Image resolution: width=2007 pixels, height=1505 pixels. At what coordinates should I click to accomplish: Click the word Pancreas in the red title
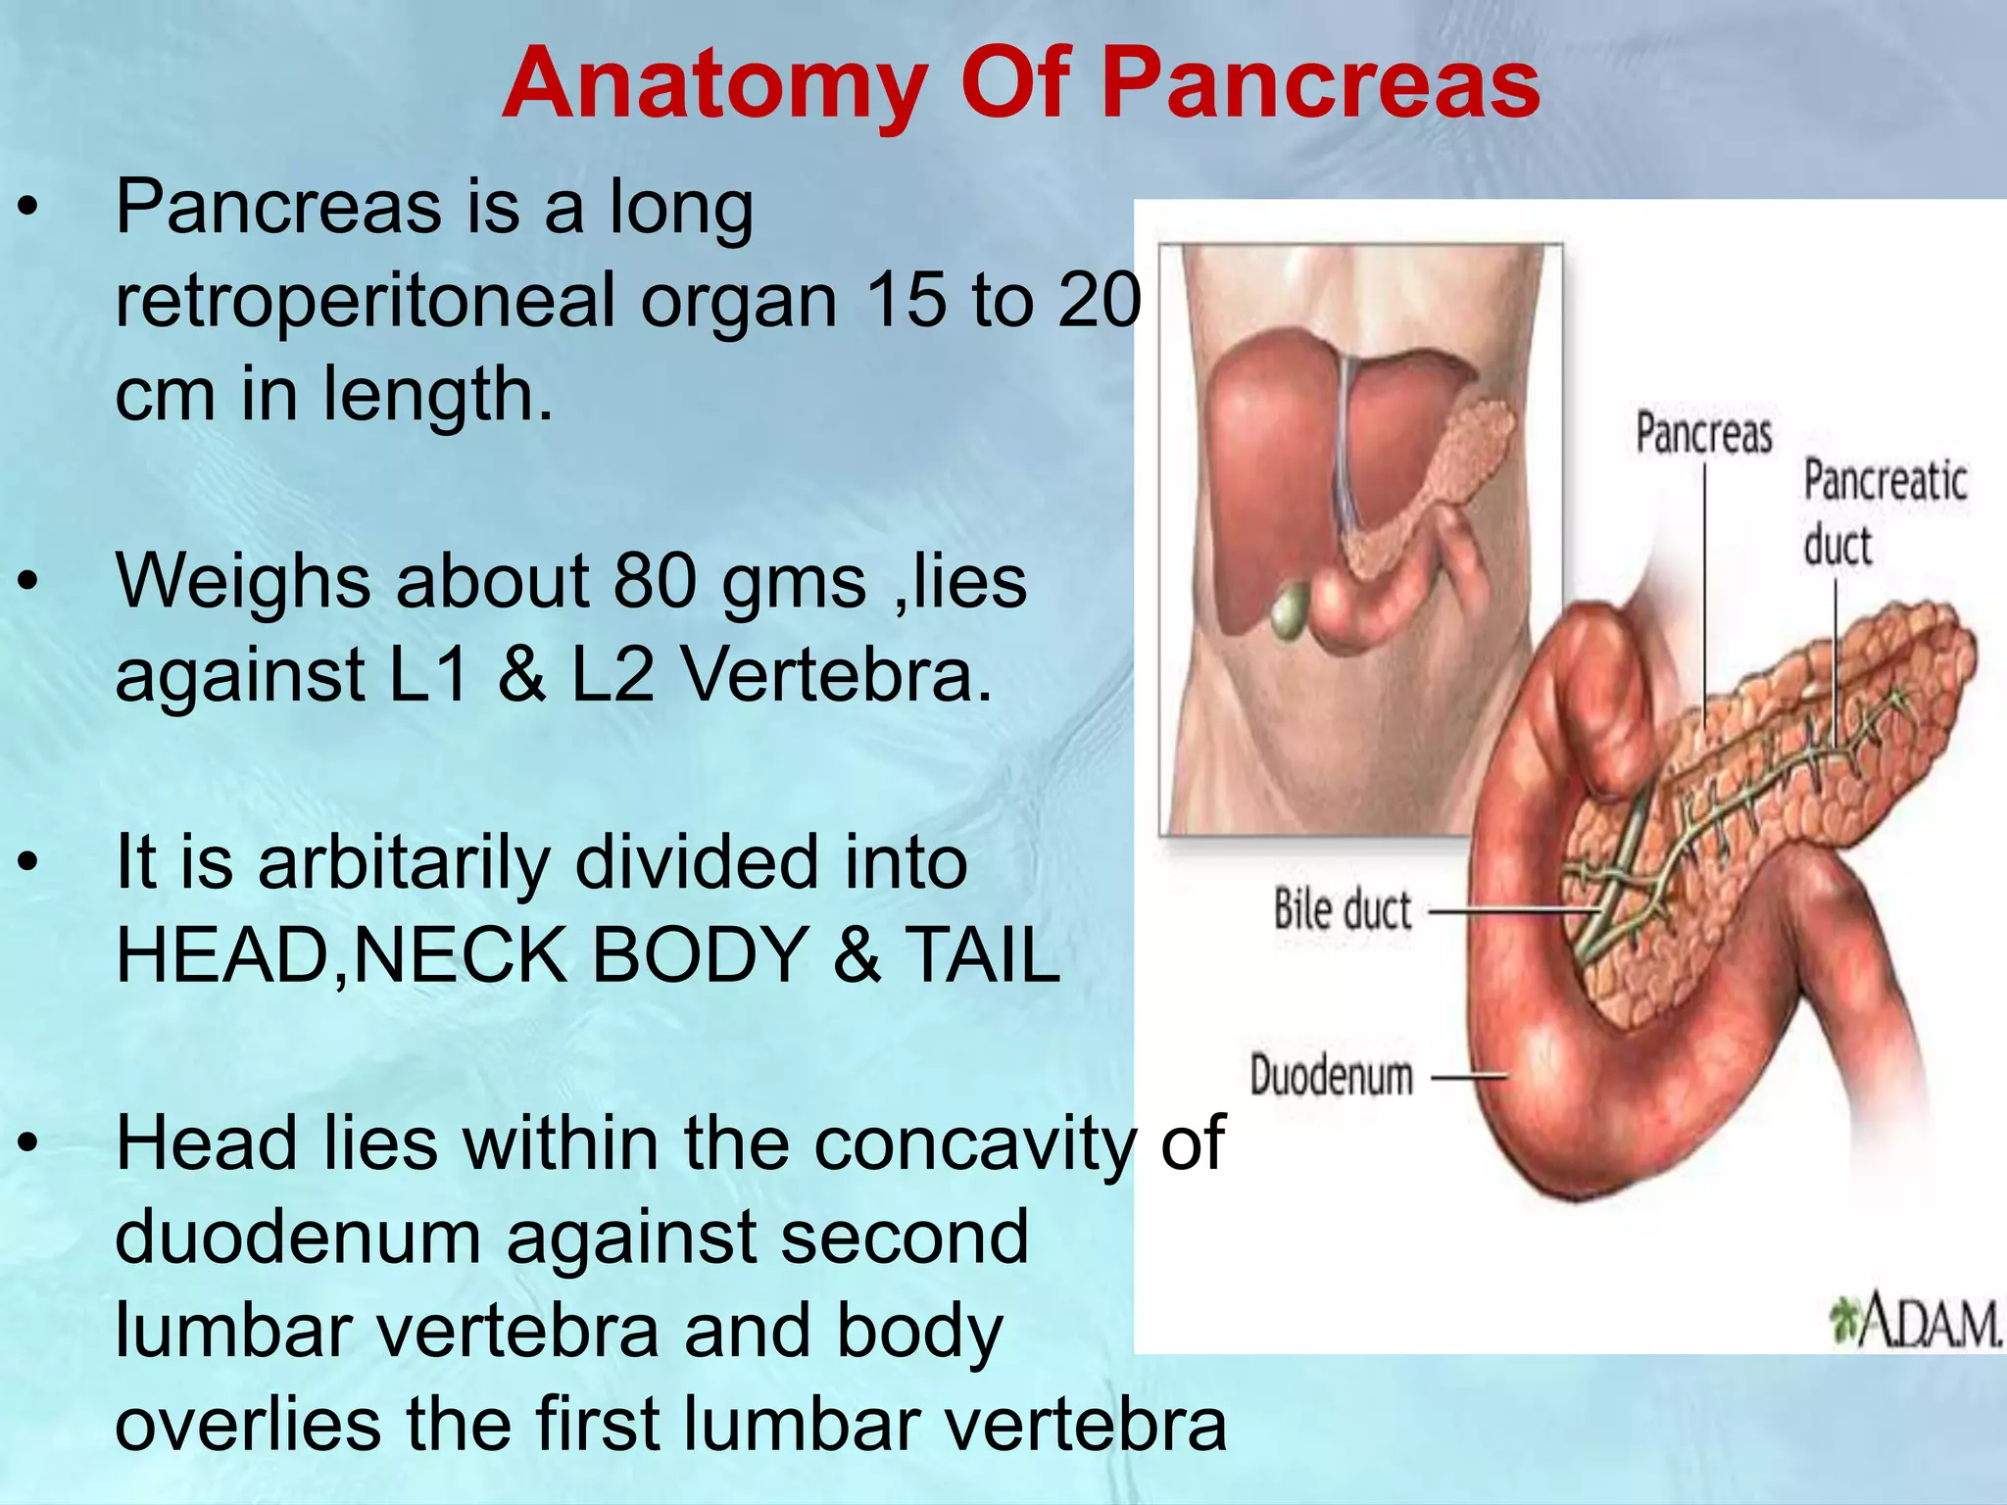(x=1320, y=84)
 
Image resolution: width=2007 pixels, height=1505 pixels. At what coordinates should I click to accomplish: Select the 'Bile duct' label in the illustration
(x=1342, y=910)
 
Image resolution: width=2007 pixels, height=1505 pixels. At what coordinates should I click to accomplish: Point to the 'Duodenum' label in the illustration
(x=1331, y=1076)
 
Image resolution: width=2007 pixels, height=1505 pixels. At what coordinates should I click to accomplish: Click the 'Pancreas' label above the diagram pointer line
(x=1703, y=433)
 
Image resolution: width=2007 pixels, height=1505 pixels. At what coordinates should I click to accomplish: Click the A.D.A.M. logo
(x=1915, y=1322)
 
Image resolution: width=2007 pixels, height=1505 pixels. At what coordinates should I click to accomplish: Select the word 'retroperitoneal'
(x=365, y=301)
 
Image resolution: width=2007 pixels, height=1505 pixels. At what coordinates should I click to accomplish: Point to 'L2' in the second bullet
(x=612, y=676)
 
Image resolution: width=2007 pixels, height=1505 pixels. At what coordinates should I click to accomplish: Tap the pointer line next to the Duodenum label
(x=1468, y=1078)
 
